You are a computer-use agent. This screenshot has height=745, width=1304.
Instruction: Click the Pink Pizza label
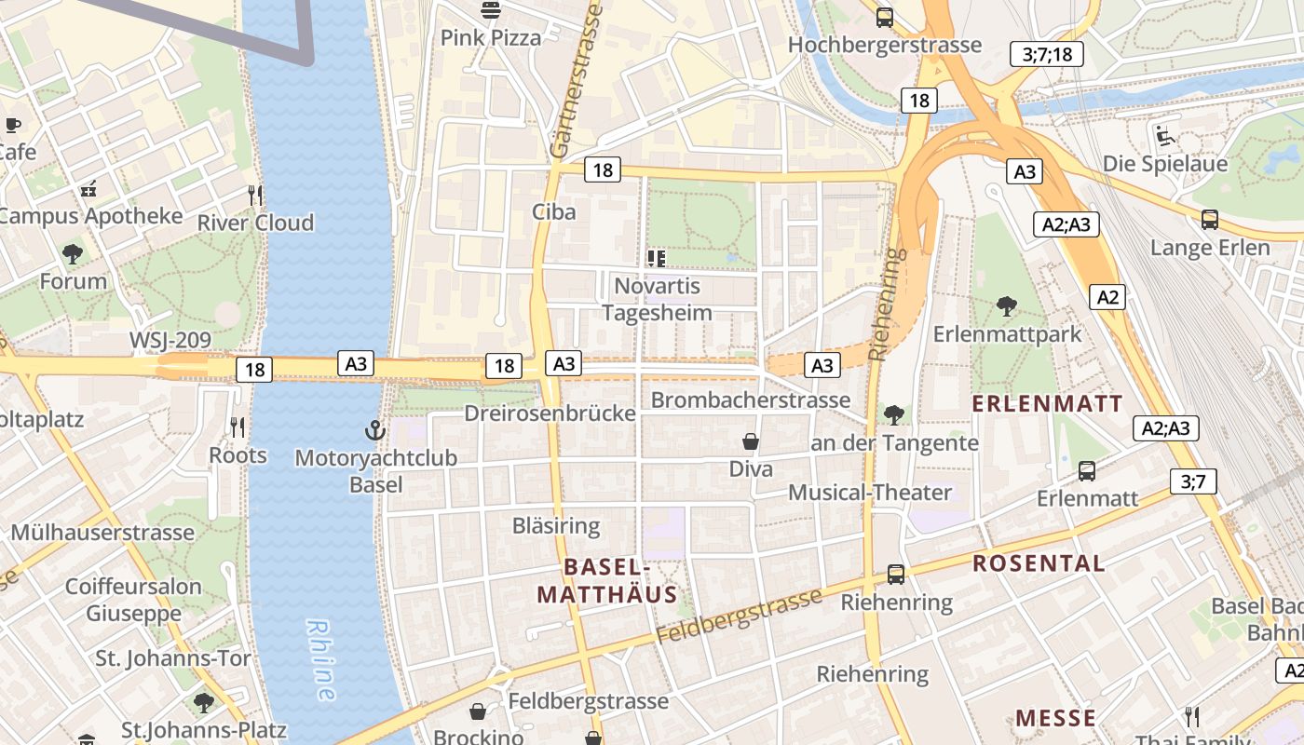(x=490, y=37)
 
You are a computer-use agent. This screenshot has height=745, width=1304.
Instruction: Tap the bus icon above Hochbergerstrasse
(x=884, y=17)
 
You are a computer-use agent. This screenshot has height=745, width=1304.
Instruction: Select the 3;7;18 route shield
(x=1047, y=54)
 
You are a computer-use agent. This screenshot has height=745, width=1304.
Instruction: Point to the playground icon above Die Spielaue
(x=1164, y=136)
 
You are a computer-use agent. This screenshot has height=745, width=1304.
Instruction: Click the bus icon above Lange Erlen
(x=1209, y=220)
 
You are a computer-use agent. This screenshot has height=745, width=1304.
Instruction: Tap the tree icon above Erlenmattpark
(x=1006, y=305)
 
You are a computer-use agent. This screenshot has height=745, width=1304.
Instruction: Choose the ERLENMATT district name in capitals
(x=1048, y=403)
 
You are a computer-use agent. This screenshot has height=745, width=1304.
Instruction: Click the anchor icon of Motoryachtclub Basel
(x=374, y=430)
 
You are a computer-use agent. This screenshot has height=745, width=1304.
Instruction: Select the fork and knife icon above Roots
(x=238, y=427)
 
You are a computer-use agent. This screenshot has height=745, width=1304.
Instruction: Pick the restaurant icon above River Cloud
(x=255, y=195)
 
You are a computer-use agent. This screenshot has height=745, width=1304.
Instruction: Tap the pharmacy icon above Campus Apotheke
(x=88, y=189)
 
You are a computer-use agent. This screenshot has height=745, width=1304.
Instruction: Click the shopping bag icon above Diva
(x=751, y=441)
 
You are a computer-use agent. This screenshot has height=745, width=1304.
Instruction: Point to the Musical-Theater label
(x=870, y=493)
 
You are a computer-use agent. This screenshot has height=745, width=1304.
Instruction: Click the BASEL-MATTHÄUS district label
(x=606, y=580)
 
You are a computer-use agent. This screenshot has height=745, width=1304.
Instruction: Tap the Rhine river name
(x=320, y=660)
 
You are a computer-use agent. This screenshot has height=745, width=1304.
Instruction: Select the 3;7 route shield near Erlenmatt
(x=1193, y=481)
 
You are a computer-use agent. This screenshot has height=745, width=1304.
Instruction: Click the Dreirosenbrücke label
(x=550, y=413)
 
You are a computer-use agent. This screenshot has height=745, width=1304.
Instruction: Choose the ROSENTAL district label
(x=1039, y=563)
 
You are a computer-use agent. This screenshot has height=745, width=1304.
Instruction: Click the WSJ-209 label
(x=170, y=340)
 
